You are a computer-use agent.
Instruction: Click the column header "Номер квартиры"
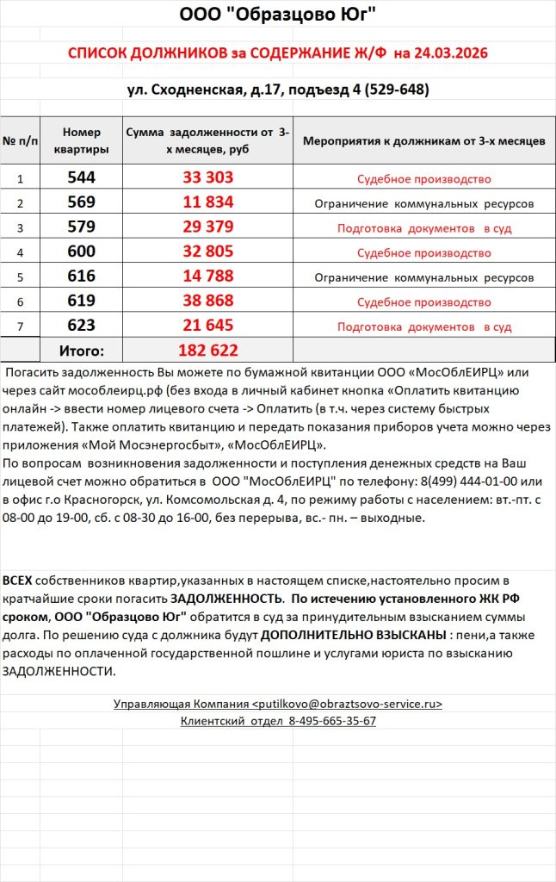[x=82, y=140]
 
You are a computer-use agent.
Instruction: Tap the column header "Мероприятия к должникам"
[x=423, y=140]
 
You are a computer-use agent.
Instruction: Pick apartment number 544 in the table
[x=82, y=178]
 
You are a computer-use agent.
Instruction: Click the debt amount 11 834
[x=207, y=203]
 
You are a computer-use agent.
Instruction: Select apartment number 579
[x=82, y=228]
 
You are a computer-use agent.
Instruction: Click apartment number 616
[x=82, y=277]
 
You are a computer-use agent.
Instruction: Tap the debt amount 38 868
[x=207, y=302]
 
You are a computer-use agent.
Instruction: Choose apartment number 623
[x=82, y=326]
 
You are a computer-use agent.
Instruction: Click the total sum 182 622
[x=207, y=351]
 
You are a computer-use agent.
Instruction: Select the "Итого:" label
[x=81, y=351]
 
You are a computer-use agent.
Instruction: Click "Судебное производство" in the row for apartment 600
[x=423, y=253]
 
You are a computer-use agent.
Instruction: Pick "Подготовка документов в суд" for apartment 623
[x=423, y=327]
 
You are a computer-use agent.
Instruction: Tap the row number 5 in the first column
[x=20, y=278]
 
